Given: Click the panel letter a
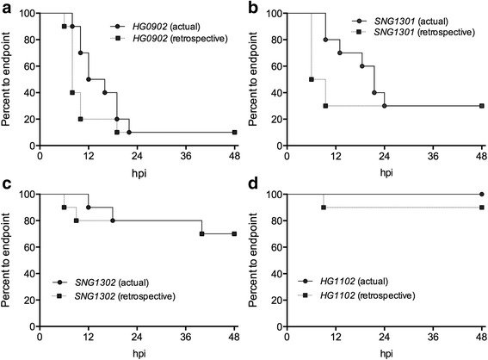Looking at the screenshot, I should coord(6,7).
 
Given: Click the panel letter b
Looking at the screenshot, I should coord(253,7).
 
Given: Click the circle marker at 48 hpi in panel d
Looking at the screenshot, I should coord(481,195).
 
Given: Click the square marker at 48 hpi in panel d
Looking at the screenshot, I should coord(481,208).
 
